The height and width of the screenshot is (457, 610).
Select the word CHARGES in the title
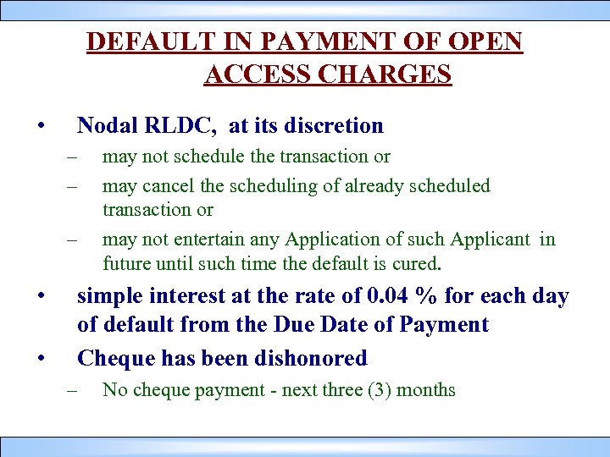382,74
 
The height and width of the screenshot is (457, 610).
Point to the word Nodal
107,126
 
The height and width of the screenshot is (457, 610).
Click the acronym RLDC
180,126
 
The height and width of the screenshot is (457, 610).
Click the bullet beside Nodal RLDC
40,127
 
